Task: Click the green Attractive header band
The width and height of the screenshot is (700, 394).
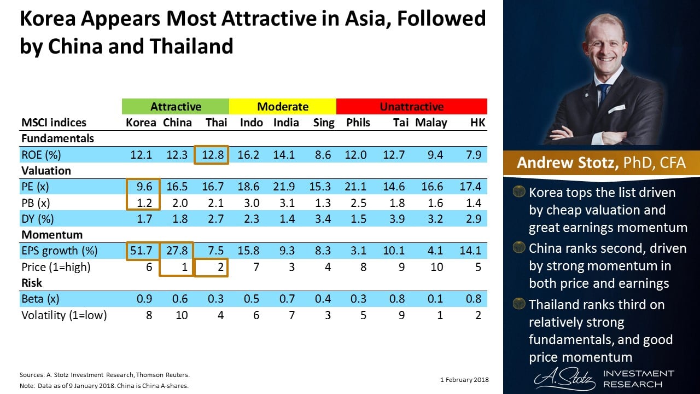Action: click(x=176, y=106)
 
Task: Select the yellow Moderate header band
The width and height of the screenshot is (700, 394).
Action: click(x=282, y=106)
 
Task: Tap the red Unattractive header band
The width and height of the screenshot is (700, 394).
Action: click(x=411, y=106)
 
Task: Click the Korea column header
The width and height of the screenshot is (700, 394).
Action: click(x=141, y=123)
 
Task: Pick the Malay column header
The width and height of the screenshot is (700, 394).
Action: click(x=431, y=123)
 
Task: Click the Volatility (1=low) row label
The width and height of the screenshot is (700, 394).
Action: click(x=63, y=315)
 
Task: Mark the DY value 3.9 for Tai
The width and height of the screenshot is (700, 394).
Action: click(x=399, y=219)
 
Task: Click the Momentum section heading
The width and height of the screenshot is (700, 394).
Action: click(x=52, y=235)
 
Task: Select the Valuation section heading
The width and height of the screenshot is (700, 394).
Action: click(x=46, y=171)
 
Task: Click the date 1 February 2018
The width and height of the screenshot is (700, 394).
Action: click(x=464, y=380)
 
